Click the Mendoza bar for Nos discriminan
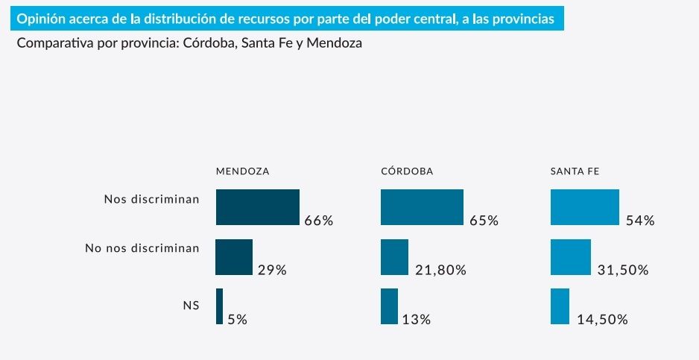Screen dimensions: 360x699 tap(257, 207)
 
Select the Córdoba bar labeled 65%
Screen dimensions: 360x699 tap(422, 207)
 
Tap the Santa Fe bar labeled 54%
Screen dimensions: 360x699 tap(584, 207)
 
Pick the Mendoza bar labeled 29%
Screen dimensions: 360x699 tap(234, 257)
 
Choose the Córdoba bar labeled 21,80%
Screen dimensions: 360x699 tap(394, 257)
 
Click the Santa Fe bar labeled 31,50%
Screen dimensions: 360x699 tap(570, 257)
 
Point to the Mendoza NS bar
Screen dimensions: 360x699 tap(219, 306)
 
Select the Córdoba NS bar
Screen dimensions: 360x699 tap(389, 306)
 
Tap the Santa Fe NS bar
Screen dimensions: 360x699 tap(560, 306)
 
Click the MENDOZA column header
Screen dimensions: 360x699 tap(242, 171)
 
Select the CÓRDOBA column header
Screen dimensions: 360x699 tap(407, 171)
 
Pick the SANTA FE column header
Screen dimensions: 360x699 tap(575, 171)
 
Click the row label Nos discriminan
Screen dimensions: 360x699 tap(151, 199)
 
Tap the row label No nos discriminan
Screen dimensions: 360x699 tap(142, 248)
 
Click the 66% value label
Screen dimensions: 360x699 tap(318, 221)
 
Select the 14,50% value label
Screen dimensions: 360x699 tap(602, 320)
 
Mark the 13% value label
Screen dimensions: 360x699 tap(416, 320)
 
